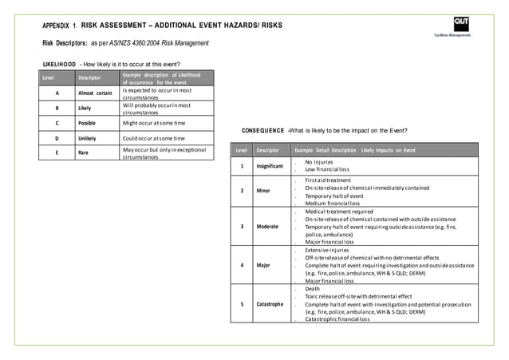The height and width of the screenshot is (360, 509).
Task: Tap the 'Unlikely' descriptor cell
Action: point(89,139)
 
